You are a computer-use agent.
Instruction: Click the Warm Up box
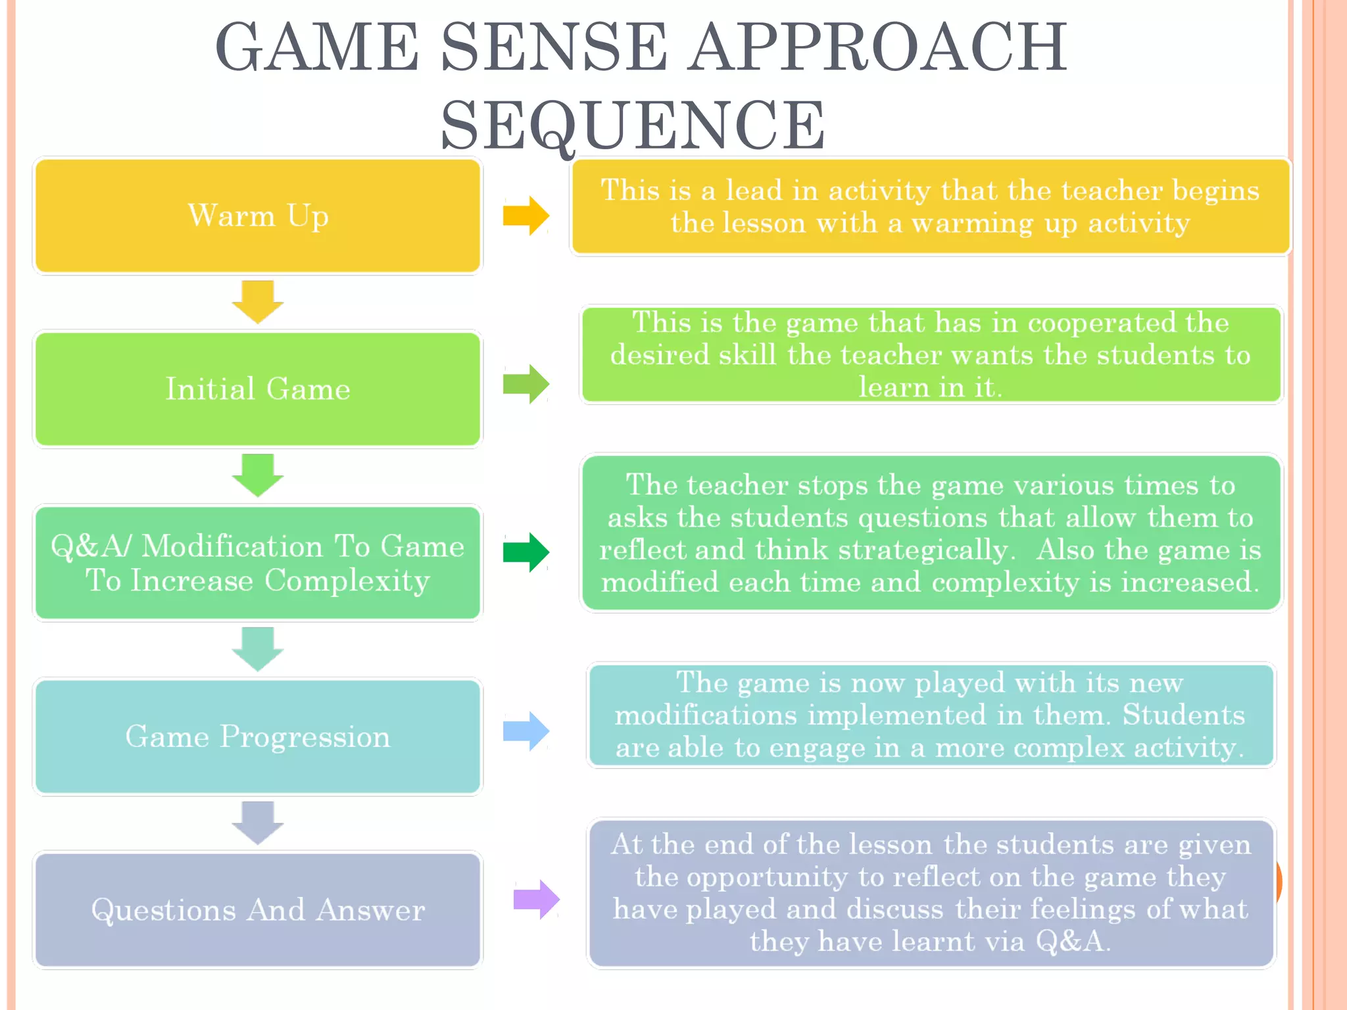click(x=258, y=216)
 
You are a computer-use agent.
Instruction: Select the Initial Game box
click(x=258, y=389)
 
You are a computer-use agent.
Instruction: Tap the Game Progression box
click(x=258, y=736)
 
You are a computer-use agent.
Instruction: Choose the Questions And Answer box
click(x=258, y=910)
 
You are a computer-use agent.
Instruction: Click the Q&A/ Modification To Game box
click(x=258, y=563)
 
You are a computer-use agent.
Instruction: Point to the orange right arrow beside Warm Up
click(x=526, y=216)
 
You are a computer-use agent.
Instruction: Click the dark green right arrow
click(x=526, y=552)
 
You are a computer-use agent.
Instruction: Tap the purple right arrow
click(x=536, y=899)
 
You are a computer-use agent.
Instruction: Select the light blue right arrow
click(x=526, y=731)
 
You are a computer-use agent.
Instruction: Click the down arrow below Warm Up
click(x=258, y=302)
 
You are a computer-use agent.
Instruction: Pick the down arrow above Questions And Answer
click(x=258, y=823)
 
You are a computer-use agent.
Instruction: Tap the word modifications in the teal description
click(x=706, y=715)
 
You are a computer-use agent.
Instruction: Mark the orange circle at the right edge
click(x=1278, y=881)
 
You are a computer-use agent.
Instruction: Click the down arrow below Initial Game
click(x=258, y=475)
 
